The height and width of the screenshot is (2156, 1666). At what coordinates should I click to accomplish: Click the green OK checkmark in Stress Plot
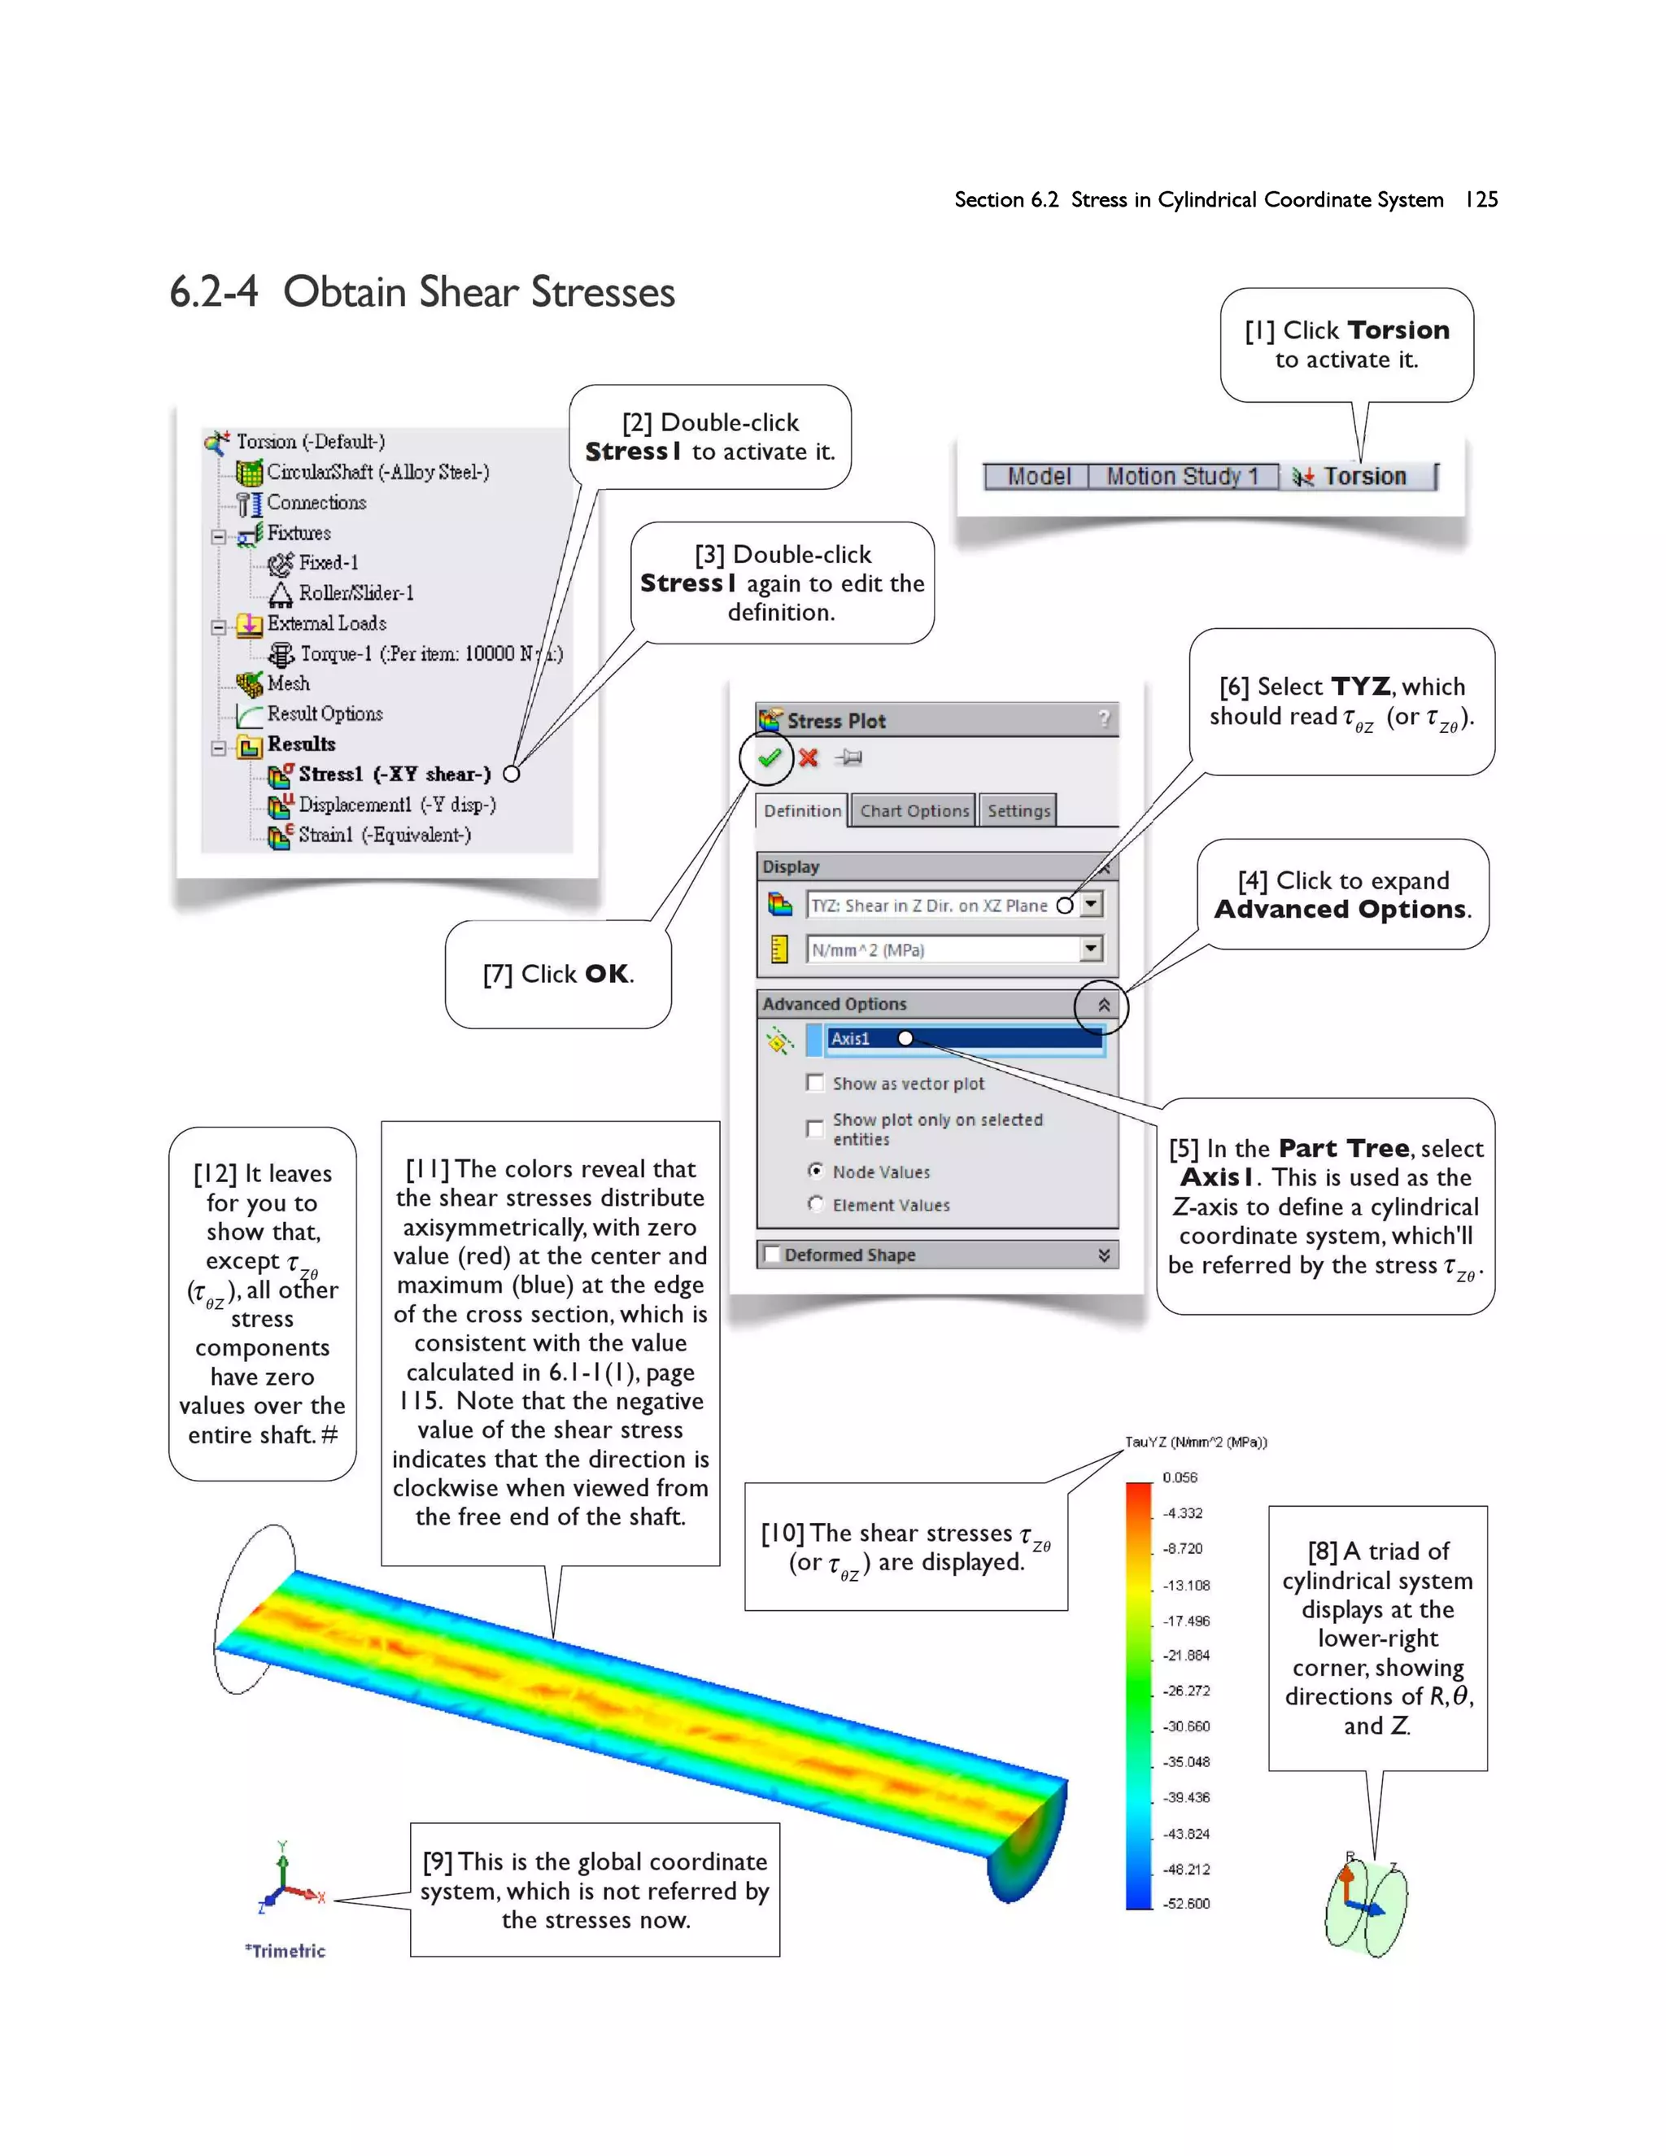click(x=770, y=757)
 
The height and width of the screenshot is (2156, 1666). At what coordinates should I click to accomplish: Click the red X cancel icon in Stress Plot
click(x=809, y=757)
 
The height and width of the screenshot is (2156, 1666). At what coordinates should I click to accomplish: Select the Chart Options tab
click(x=914, y=810)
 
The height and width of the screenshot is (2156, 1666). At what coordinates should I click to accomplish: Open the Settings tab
click(x=1018, y=810)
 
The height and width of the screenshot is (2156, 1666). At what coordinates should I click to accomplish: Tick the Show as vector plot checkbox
click(x=815, y=1083)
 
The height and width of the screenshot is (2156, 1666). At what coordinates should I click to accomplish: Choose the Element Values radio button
click(x=815, y=1204)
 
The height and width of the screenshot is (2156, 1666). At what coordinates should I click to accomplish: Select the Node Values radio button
click(x=815, y=1171)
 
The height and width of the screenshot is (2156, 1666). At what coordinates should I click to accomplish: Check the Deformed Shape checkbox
click(x=772, y=1255)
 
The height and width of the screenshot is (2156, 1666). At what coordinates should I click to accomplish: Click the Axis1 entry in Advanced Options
click(x=851, y=1038)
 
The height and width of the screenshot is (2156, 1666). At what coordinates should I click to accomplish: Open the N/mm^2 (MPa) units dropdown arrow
click(x=1091, y=949)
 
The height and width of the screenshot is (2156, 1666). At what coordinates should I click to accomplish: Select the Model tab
click(x=1038, y=477)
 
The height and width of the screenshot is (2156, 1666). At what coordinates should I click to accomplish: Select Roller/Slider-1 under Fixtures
click(x=355, y=592)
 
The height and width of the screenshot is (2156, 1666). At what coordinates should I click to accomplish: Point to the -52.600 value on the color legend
click(x=1185, y=1903)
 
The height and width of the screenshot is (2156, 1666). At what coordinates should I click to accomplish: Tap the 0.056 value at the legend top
click(x=1180, y=1477)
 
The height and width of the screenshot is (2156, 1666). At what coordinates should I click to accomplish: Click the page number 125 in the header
click(x=1481, y=199)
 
